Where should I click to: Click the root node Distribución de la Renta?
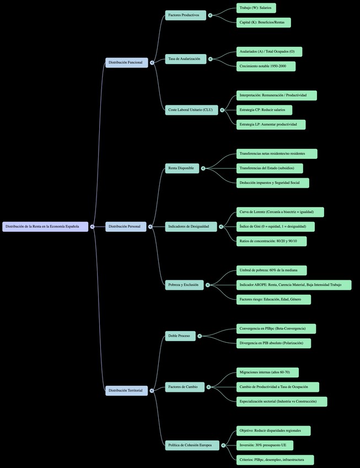[x=45, y=226]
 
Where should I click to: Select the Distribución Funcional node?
[x=126, y=62]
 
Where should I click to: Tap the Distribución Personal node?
[x=126, y=226]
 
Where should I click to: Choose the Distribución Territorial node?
[x=126, y=390]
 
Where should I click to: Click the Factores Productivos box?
[x=185, y=15]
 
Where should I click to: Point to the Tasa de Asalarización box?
[x=185, y=59]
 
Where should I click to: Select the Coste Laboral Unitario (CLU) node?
[x=191, y=110]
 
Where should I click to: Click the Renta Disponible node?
[x=182, y=168]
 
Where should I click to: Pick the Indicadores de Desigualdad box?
[x=190, y=226]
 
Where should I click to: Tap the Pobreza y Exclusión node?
[x=185, y=285]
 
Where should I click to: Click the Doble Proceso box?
[x=180, y=336]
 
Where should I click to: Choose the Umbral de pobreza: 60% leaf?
[x=271, y=270]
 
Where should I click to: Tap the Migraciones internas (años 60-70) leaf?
[x=267, y=372]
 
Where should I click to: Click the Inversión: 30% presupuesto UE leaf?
[x=265, y=445]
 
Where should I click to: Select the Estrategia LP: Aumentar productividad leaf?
[x=271, y=124]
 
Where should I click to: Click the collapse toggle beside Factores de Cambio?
[x=210, y=387]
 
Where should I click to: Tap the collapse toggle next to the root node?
[x=92, y=226]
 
